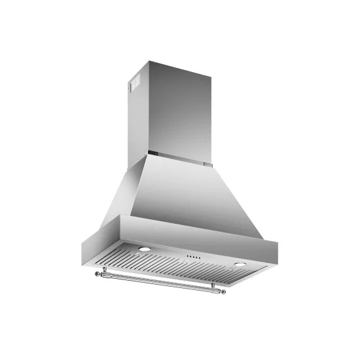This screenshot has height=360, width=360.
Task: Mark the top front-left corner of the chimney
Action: pyautogui.click(x=149, y=63)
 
